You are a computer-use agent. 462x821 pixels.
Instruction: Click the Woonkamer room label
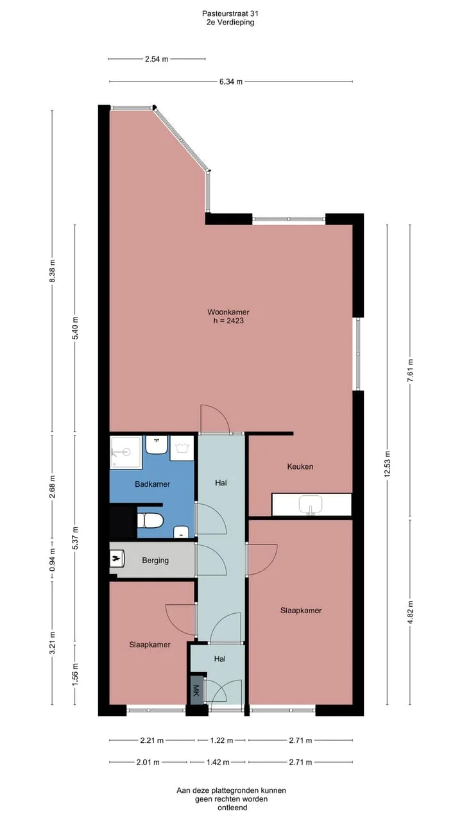point(228,312)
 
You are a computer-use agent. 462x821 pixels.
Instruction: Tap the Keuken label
point(300,466)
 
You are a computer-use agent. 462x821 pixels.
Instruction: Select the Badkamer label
point(152,484)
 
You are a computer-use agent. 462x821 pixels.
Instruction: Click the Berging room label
point(155,561)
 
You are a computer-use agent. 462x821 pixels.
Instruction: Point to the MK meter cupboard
point(196,690)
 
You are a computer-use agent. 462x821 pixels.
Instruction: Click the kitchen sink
point(311,505)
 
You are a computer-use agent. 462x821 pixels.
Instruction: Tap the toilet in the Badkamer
point(150,521)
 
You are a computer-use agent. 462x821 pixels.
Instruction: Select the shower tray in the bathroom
point(126,452)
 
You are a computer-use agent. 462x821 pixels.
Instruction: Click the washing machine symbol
point(182,448)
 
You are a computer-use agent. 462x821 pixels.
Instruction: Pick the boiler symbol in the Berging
point(117,559)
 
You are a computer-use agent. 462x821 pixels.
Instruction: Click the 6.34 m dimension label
point(231,81)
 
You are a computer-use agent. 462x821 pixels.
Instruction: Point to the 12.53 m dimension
point(387,464)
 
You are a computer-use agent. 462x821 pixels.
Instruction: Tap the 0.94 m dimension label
point(52,560)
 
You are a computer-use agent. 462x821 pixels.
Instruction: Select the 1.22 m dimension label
point(221,740)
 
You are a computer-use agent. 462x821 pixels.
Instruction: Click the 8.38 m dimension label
point(52,271)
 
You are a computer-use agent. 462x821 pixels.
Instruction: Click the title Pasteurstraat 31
point(230,13)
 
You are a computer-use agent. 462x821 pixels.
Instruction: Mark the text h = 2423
point(228,321)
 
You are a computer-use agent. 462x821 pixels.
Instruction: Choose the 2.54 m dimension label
point(157,59)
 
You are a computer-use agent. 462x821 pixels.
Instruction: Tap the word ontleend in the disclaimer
point(232,808)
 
